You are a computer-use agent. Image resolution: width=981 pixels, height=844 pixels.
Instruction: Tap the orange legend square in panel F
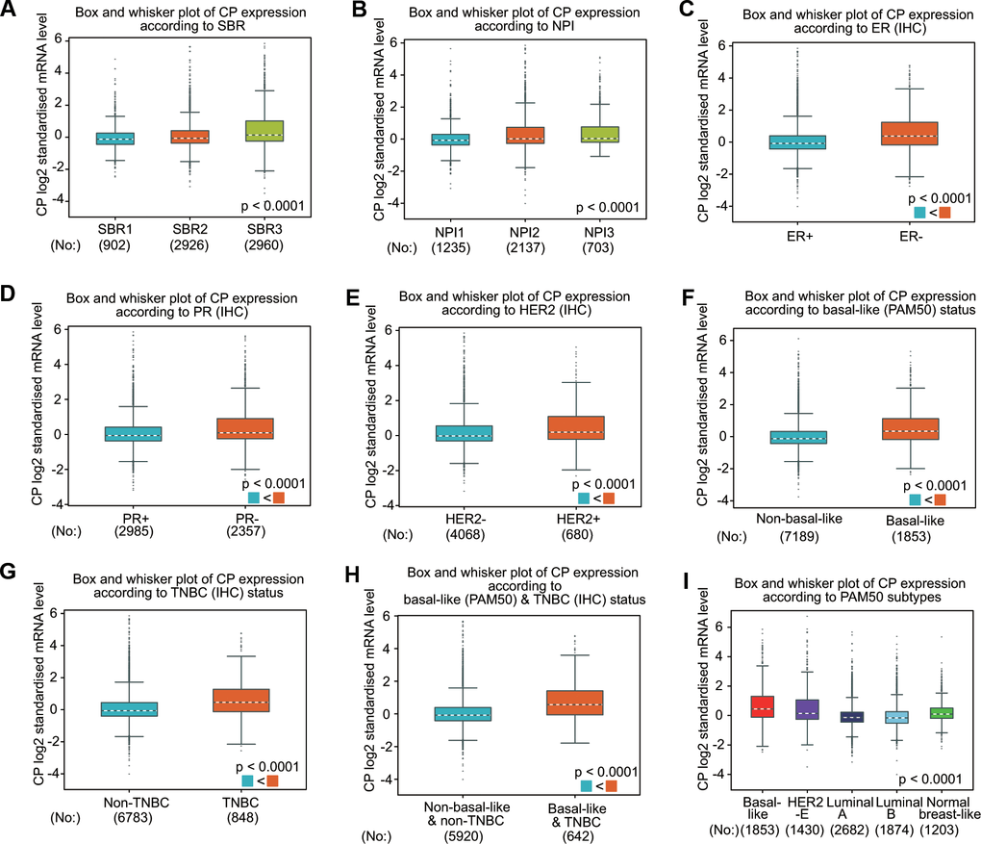point(940,500)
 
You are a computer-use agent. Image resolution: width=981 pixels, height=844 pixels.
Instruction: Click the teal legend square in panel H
point(587,787)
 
